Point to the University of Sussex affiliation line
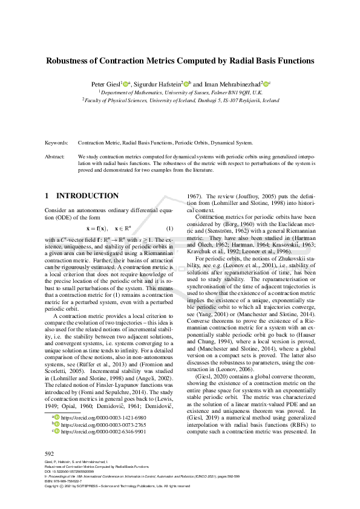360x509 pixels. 180,91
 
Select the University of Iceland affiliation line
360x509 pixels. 180,100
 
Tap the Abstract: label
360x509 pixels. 55,156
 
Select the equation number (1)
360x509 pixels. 170,229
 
